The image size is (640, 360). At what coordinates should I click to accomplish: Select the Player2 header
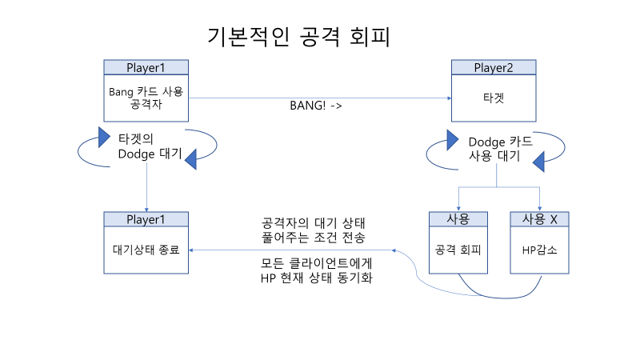(493, 66)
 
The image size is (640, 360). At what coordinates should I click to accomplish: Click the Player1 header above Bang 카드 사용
(146, 66)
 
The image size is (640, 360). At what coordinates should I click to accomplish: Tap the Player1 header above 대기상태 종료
(146, 219)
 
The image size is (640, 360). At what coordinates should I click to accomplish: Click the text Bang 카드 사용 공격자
(146, 98)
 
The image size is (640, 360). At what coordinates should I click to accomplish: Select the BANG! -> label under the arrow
(316, 106)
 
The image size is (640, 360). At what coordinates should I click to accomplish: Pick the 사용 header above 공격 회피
(458, 219)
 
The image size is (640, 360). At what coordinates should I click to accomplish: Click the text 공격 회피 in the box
(458, 250)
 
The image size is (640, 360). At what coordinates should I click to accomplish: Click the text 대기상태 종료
(146, 250)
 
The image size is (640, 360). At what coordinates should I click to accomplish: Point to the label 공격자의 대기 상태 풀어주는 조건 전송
(314, 230)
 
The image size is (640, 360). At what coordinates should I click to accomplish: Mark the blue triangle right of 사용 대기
(539, 163)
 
